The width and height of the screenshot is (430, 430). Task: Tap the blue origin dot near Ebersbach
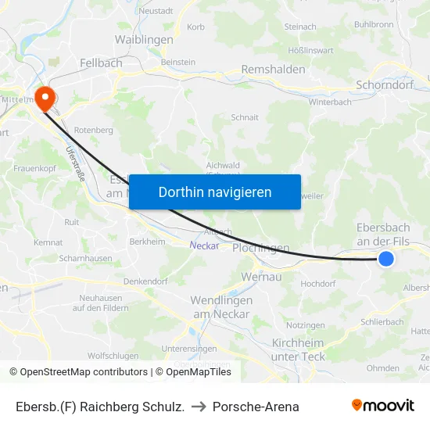[385, 259]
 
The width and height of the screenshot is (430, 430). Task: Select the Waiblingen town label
[144, 39]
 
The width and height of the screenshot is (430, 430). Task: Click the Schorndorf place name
[384, 84]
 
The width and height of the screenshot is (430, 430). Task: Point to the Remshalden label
[273, 69]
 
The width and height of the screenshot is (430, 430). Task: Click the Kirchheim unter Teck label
[298, 349]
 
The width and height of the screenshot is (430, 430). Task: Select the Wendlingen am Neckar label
[221, 307]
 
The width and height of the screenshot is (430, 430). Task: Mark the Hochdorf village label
[317, 284]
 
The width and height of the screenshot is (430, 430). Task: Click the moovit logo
[383, 406]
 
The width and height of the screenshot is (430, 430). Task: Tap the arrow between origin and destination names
[201, 407]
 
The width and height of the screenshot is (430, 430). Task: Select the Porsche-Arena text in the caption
[256, 407]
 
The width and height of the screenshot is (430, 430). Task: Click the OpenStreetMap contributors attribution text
[80, 372]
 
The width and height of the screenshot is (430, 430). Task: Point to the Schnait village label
[245, 117]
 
